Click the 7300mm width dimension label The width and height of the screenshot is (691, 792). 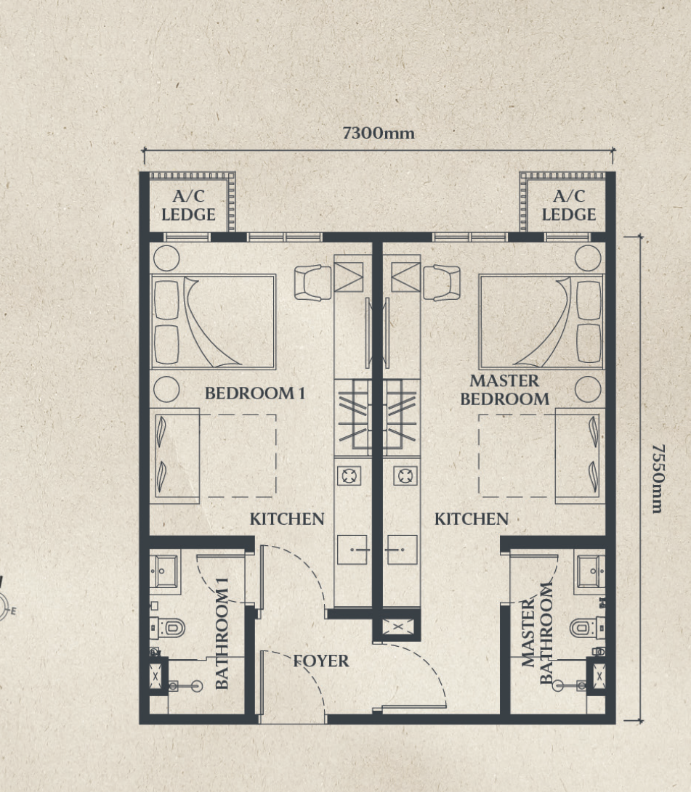click(x=379, y=133)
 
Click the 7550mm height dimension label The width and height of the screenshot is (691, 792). click(x=658, y=478)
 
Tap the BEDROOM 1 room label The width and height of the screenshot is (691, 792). click(x=255, y=393)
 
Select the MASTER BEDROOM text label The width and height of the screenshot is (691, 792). click(x=504, y=389)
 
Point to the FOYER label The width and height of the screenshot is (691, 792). click(x=321, y=661)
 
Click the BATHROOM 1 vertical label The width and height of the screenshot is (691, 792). click(x=222, y=633)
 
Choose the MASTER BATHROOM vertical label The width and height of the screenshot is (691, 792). click(x=536, y=633)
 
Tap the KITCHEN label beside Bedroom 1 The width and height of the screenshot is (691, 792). click(x=287, y=519)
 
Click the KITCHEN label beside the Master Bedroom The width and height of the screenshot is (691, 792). click(x=472, y=519)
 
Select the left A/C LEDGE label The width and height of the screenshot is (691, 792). click(x=188, y=205)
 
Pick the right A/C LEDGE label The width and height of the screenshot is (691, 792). click(x=569, y=205)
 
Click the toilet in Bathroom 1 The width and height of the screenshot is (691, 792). click(x=169, y=628)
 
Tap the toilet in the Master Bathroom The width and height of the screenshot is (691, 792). click(x=587, y=628)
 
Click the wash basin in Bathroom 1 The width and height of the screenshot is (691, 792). click(x=163, y=571)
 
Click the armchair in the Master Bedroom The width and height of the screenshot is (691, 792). click(x=442, y=283)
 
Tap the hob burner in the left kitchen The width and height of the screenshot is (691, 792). click(x=349, y=475)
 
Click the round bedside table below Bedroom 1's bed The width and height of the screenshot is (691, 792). click(x=166, y=389)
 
